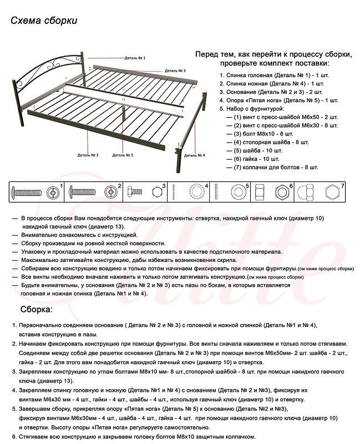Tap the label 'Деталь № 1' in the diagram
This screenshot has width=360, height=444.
click(135, 57)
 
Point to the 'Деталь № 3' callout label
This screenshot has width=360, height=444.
click(175, 70)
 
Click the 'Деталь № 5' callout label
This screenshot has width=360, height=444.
click(123, 155)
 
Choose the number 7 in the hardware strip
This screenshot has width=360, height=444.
click(343, 185)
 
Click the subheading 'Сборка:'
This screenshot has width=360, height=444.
click(37, 308)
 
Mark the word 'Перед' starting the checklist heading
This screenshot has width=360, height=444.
click(206, 55)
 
